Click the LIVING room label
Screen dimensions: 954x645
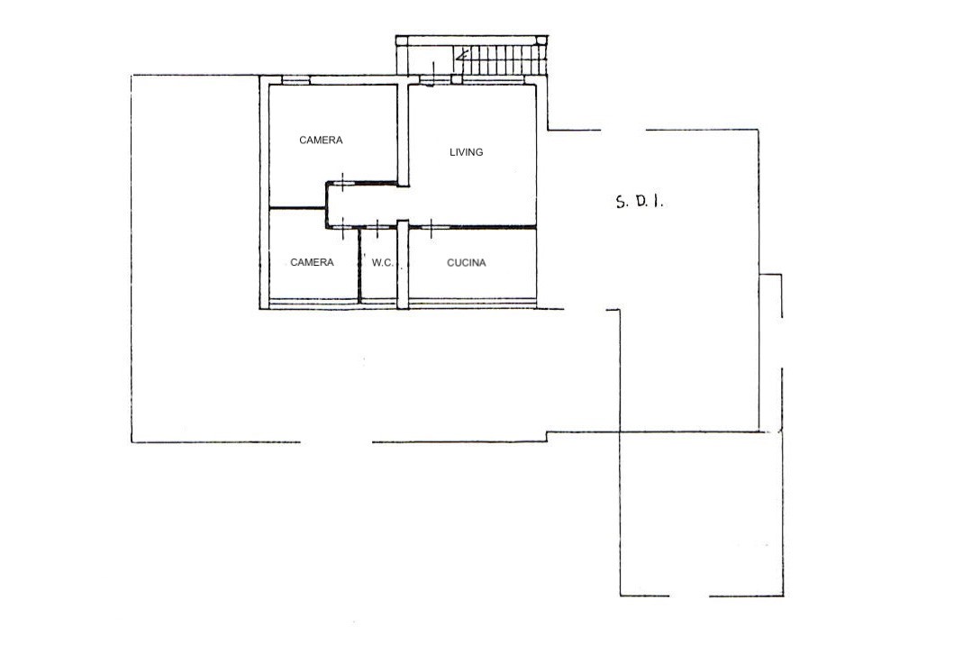[466, 152]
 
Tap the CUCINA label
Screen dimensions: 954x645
[466, 263]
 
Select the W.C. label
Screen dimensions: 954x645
[383, 263]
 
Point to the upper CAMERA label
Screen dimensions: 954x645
[321, 140]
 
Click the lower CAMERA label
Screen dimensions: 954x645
[312, 262]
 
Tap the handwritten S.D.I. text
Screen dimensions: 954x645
[639, 202]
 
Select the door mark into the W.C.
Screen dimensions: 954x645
[377, 228]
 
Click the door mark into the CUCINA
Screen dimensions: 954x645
[431, 228]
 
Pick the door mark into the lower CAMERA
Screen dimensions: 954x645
[342, 228]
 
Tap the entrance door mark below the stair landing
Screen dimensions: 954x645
[433, 76]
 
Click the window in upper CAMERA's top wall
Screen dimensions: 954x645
[295, 79]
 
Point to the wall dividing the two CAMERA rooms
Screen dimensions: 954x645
[297, 209]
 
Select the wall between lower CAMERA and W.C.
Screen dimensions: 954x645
[359, 266]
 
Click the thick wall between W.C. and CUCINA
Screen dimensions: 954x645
[402, 264]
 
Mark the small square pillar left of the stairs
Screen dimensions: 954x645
[457, 79]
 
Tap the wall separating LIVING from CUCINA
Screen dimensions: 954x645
[472, 227]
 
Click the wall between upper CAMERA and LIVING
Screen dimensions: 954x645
[402, 134]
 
